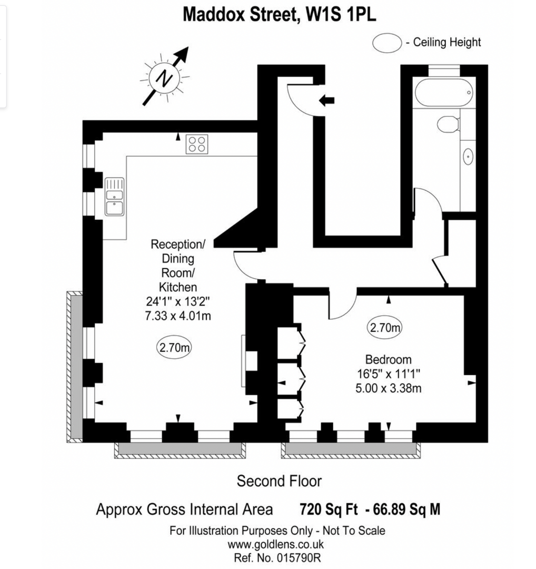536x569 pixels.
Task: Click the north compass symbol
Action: pyautogui.click(x=165, y=79)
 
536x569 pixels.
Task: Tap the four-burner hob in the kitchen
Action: pyautogui.click(x=197, y=144)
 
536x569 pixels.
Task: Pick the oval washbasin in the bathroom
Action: pyautogui.click(x=467, y=156)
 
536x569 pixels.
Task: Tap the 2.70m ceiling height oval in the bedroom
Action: pyautogui.click(x=384, y=328)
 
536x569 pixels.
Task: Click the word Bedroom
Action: pyautogui.click(x=388, y=360)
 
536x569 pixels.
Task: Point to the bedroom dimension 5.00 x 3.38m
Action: pyautogui.click(x=388, y=389)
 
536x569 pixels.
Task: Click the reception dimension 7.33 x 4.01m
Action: pyautogui.click(x=177, y=316)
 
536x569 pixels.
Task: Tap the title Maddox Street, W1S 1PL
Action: pyautogui.click(x=279, y=15)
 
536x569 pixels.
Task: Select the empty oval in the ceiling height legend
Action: pyautogui.click(x=387, y=43)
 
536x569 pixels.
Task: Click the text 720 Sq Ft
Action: pyautogui.click(x=329, y=509)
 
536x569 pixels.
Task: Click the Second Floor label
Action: pyautogui.click(x=279, y=481)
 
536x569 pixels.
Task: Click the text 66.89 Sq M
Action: pyautogui.click(x=406, y=509)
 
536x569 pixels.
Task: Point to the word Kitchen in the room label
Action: pyautogui.click(x=177, y=287)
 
